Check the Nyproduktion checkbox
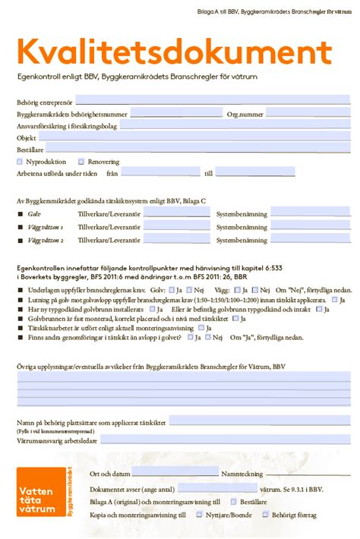(x=20, y=162)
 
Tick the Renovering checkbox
(x=82, y=162)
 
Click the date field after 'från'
(x=159, y=173)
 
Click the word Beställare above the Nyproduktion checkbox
(x=33, y=150)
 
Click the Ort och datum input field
(x=175, y=473)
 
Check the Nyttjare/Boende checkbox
(x=200, y=514)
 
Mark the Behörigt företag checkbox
(x=266, y=514)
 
